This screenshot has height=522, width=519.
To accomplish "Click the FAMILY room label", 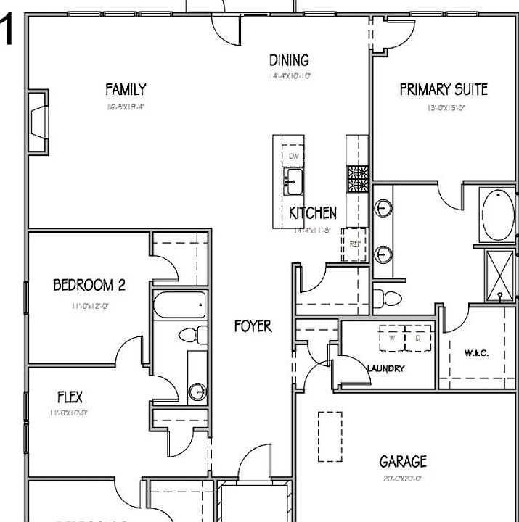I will (x=126, y=90).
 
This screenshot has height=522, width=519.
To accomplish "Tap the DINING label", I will (x=289, y=60).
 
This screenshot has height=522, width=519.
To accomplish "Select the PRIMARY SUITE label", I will (x=443, y=90).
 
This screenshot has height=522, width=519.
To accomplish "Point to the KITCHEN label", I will (x=313, y=213).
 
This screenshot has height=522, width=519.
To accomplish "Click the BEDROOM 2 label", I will (x=89, y=285).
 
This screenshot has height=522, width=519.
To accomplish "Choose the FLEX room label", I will (x=70, y=397).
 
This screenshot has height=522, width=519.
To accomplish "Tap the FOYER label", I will (x=253, y=326).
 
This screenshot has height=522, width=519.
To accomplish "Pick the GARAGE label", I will (x=403, y=461).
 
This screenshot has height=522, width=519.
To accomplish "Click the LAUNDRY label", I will (x=385, y=368).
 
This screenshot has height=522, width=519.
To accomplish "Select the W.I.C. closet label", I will (x=476, y=353).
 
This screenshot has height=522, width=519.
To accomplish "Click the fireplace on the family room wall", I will (x=38, y=121).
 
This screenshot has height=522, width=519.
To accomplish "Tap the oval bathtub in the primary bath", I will (x=498, y=215).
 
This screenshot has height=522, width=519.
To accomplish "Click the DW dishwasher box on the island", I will (x=294, y=157).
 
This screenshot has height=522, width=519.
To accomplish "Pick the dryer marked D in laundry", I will (x=417, y=338).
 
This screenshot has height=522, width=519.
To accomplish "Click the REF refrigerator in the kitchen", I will (x=354, y=244).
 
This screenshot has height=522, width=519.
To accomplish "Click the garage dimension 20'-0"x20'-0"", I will (x=403, y=478).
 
